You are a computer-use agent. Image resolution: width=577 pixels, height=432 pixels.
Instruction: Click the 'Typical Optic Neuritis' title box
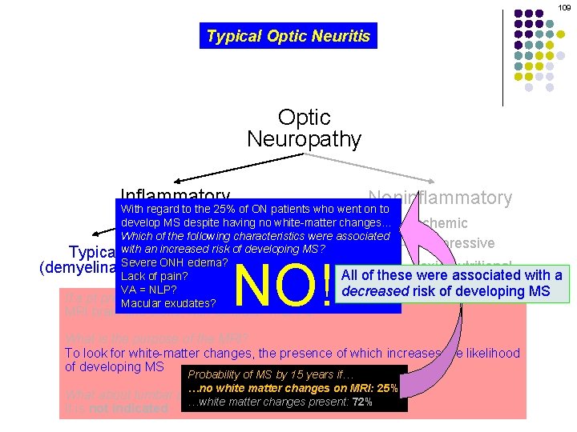(288, 36)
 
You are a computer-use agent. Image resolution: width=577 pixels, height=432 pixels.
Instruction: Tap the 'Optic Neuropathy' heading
(304, 128)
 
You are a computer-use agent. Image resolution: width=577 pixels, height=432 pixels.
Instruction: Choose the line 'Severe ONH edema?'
(174, 263)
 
